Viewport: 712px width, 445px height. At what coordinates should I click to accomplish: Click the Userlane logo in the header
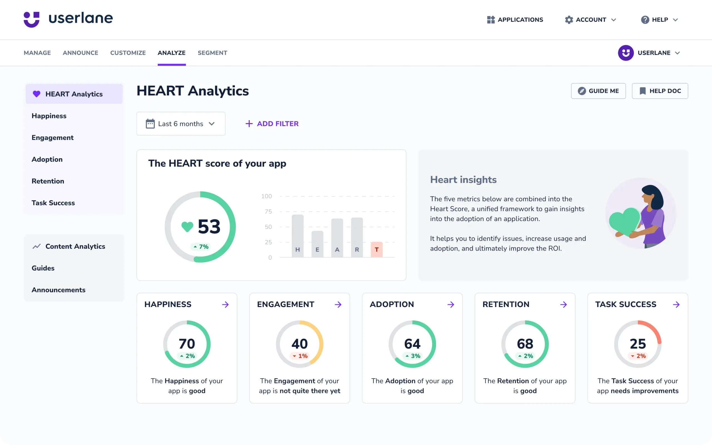tap(68, 19)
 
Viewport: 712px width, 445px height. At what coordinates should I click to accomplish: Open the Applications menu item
tap(515, 20)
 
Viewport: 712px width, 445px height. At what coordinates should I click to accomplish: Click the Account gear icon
tap(569, 20)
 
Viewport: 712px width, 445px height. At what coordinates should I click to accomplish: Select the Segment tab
tap(212, 53)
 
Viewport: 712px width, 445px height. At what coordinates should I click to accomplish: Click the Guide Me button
tap(598, 91)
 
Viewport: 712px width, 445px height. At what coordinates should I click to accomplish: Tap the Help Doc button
tap(660, 91)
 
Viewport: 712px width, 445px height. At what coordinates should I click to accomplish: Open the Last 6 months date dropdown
tap(181, 123)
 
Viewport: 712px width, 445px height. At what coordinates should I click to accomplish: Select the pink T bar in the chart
tap(377, 249)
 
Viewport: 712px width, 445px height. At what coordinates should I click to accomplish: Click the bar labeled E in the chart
tap(317, 244)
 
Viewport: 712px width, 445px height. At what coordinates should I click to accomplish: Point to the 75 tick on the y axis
tap(268, 212)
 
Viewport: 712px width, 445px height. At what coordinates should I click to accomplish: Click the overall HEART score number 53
tap(209, 227)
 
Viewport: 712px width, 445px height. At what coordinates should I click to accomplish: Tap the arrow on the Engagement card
tap(338, 304)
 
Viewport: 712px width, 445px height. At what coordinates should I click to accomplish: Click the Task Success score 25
tap(637, 344)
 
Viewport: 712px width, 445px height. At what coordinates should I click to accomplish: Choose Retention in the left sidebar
tap(48, 181)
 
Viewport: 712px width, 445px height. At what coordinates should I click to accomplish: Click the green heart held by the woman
tap(624, 221)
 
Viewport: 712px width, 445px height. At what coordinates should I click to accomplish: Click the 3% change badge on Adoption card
tap(412, 356)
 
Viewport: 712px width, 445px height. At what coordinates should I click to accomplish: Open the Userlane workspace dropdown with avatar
tap(649, 53)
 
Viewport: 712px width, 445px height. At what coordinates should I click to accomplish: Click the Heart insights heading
tap(463, 180)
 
